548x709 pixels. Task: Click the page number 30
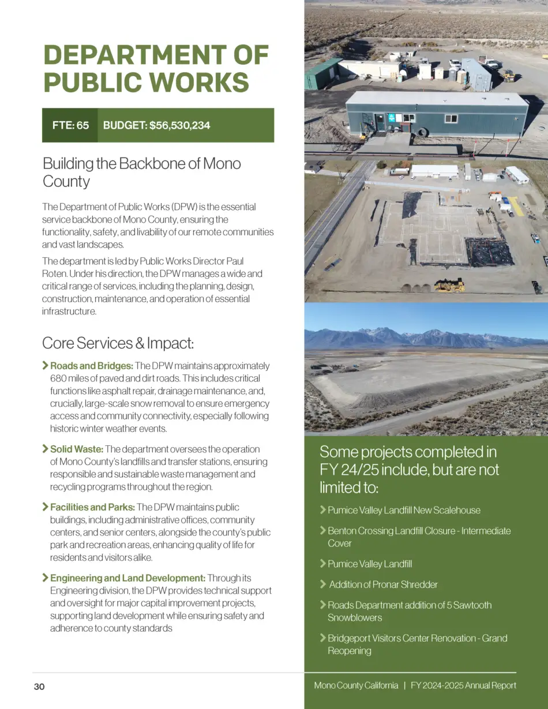(39, 687)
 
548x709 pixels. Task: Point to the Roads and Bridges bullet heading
(92, 366)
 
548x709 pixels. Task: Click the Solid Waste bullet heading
(77, 449)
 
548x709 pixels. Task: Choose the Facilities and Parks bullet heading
(92, 507)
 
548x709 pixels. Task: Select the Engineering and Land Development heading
(127, 578)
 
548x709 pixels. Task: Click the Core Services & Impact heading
(118, 343)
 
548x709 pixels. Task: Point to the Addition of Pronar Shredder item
(383, 584)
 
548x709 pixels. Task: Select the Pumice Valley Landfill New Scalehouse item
(404, 511)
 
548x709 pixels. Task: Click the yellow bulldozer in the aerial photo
(449, 284)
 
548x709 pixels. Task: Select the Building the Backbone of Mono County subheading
(141, 172)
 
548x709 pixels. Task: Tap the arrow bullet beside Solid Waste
(45, 449)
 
